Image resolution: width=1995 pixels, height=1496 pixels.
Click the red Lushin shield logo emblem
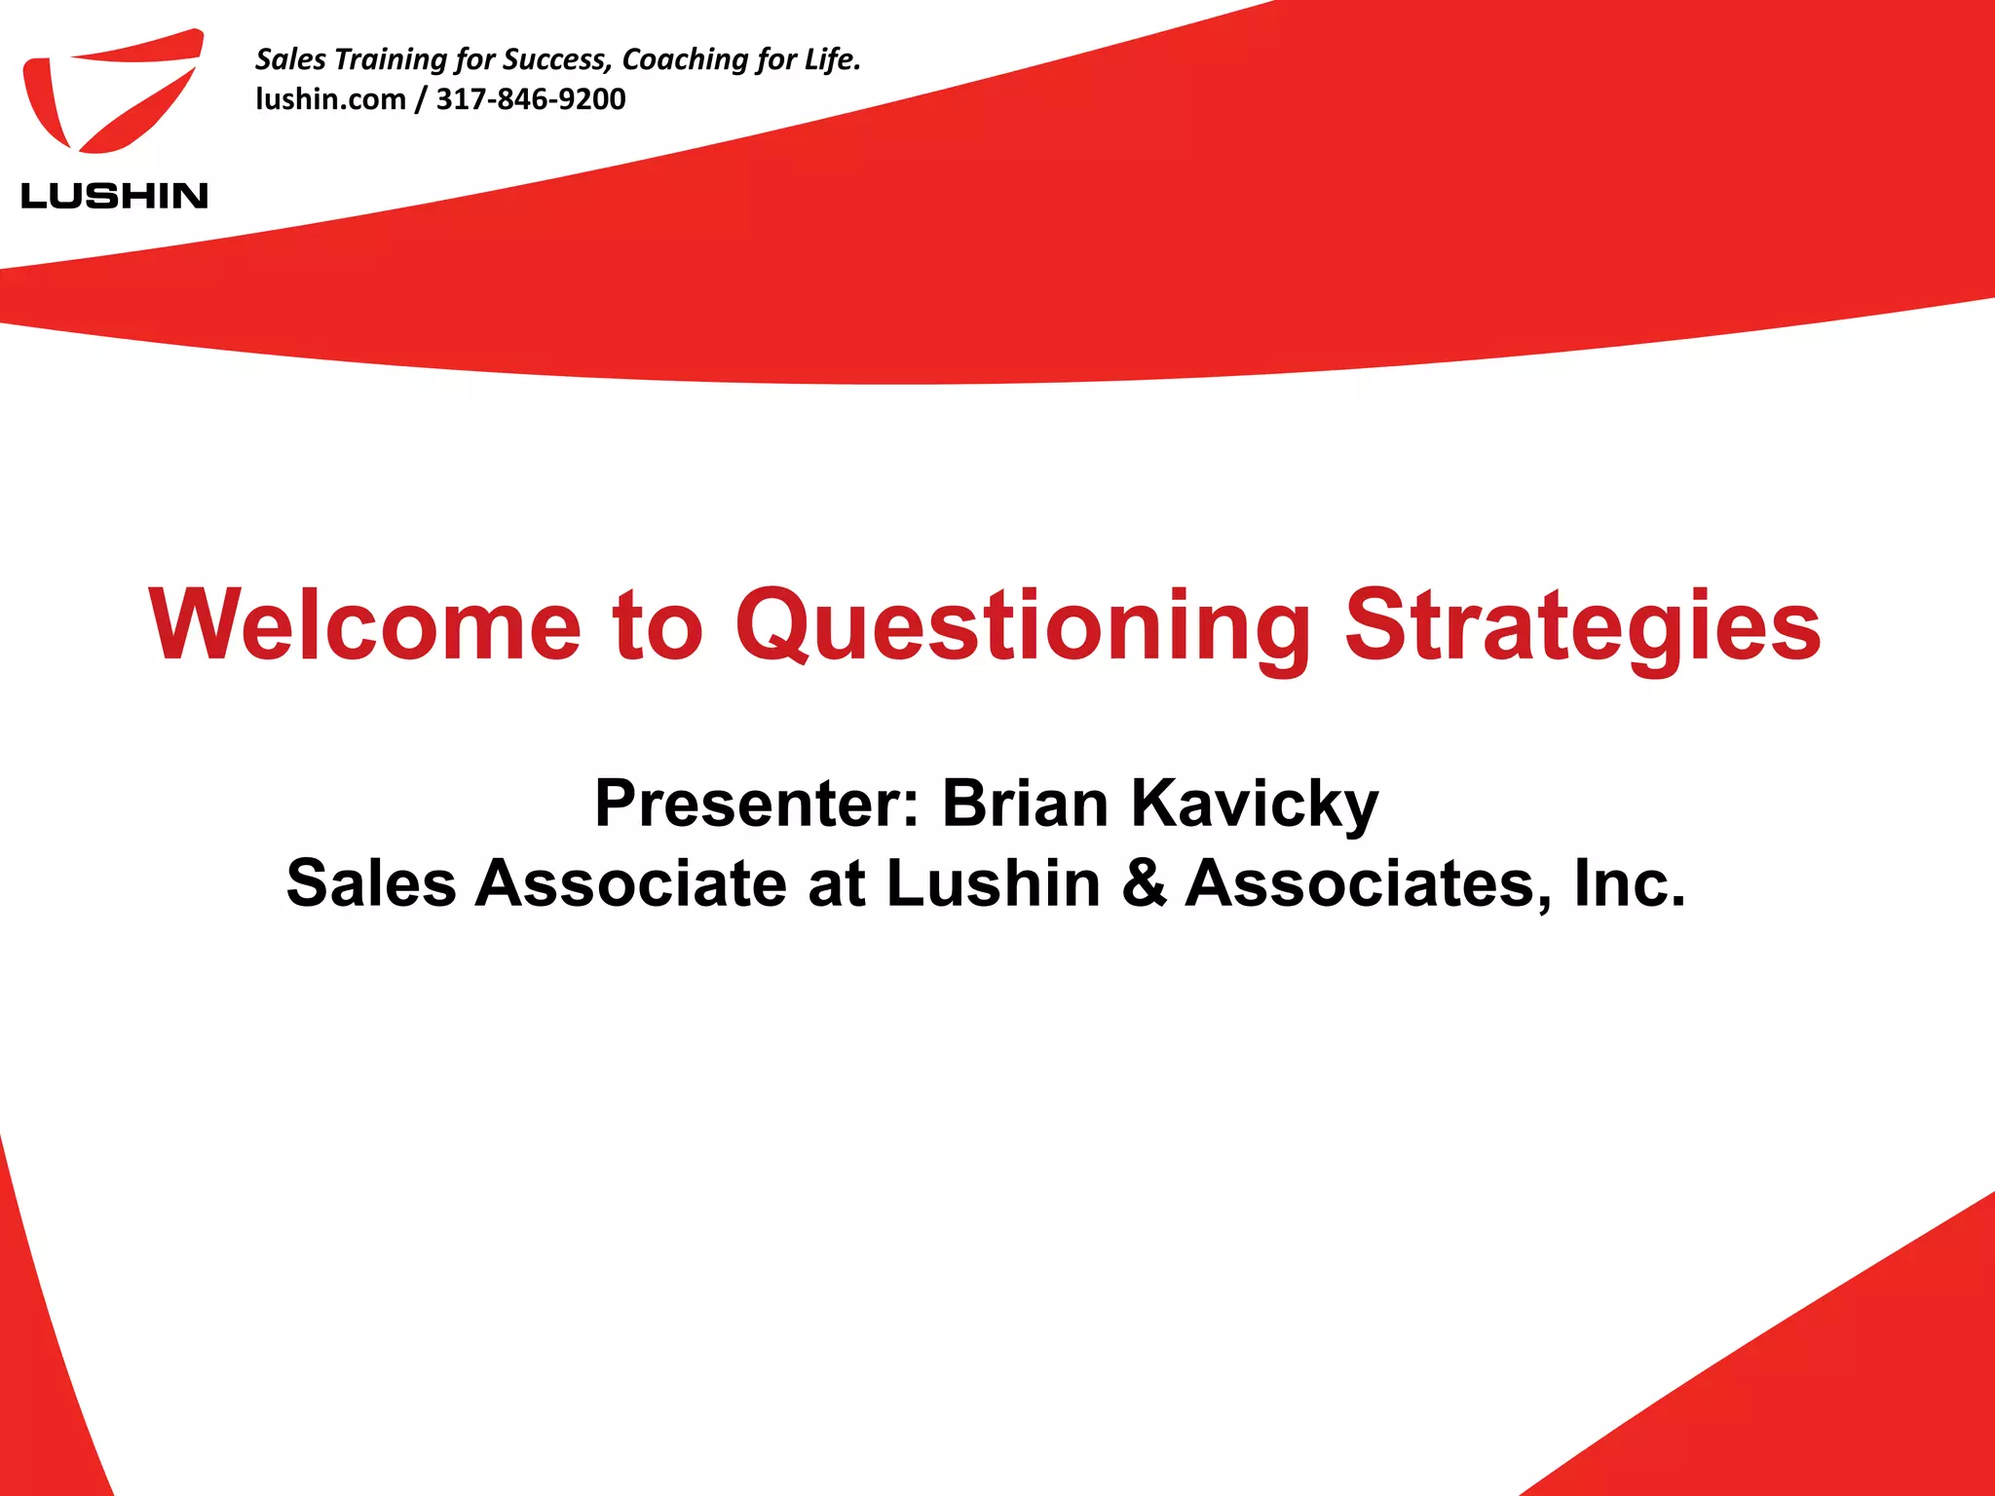pyautogui.click(x=112, y=93)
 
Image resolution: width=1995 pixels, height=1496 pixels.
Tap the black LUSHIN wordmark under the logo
pyautogui.click(x=114, y=196)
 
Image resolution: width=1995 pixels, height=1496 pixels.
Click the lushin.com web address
pyautogui.click(x=330, y=99)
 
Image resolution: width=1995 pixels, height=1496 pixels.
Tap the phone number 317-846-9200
pyautogui.click(x=531, y=99)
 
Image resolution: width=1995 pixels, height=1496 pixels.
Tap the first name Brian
pyautogui.click(x=1026, y=804)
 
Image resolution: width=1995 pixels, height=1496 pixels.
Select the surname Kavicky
pyautogui.click(x=1255, y=805)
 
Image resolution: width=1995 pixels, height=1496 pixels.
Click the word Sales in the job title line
pyautogui.click(x=371, y=883)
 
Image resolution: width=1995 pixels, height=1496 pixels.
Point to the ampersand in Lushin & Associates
pyautogui.click(x=1144, y=883)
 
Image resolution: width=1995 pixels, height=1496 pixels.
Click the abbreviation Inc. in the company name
pyautogui.click(x=1630, y=883)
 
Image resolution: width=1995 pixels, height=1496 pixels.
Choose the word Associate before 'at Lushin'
pyautogui.click(x=631, y=883)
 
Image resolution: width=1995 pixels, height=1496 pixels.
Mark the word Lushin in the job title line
pyautogui.click(x=994, y=883)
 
